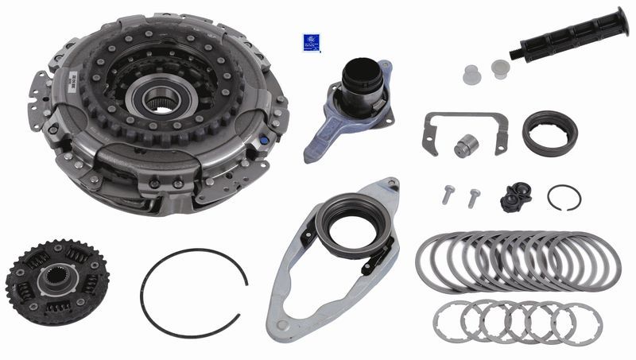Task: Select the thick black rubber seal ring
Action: pyautogui.click(x=549, y=133)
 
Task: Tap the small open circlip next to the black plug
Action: pyautogui.click(x=564, y=197)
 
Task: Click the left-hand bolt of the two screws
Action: pyautogui.click(x=448, y=194)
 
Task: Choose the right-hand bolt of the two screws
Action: pyautogui.click(x=474, y=196)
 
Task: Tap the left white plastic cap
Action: pyautogui.click(x=472, y=75)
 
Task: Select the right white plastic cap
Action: pyautogui.click(x=500, y=68)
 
